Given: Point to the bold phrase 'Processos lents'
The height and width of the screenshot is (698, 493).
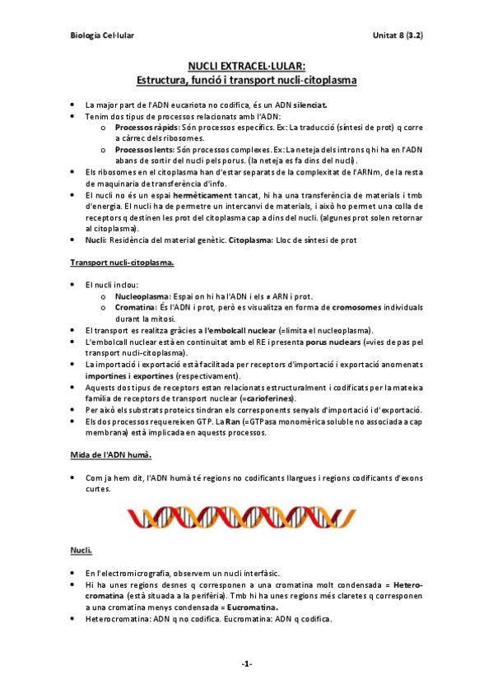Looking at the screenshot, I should (142, 150).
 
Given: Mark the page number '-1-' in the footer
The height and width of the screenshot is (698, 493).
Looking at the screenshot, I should (247, 663).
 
